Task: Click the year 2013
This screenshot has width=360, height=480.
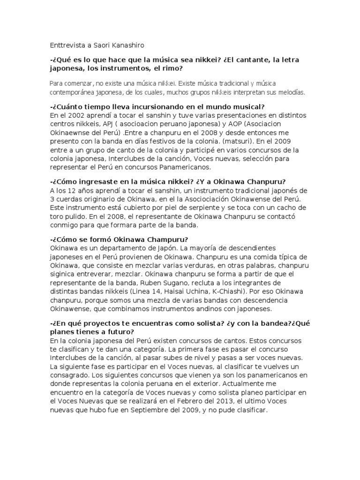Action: (x=240, y=401)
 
